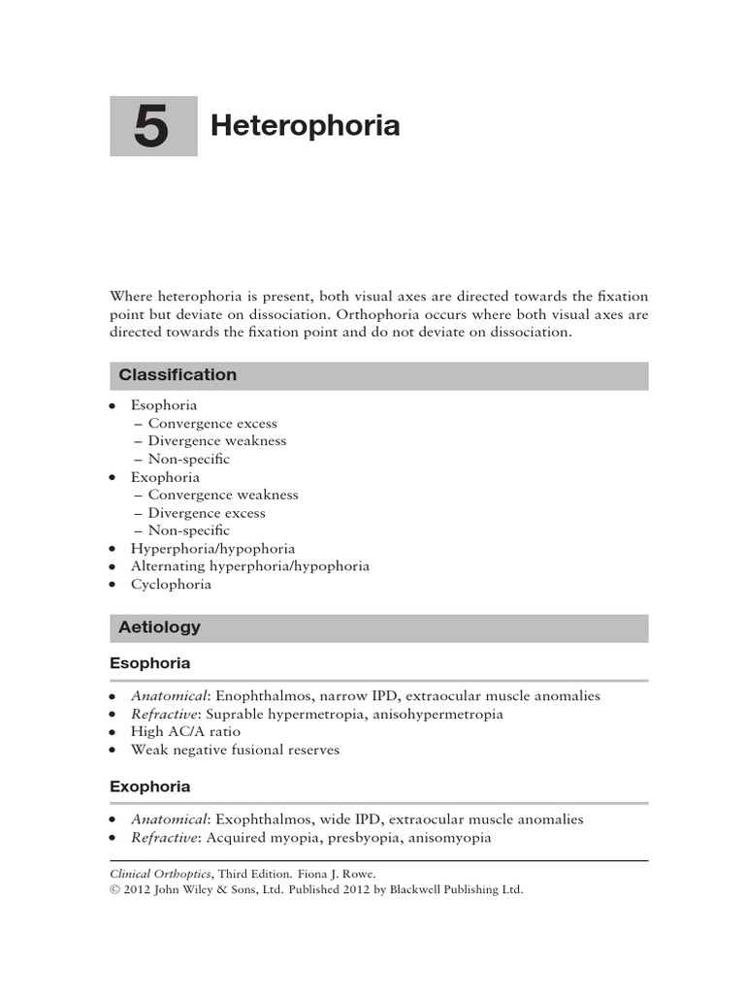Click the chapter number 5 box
[x=152, y=126]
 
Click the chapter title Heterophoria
[x=306, y=126]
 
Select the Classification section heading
[x=178, y=375]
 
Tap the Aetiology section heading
[x=159, y=627]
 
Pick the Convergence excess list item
[x=212, y=424]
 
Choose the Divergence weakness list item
[x=217, y=441]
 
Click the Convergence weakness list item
[x=223, y=495]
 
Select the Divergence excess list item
[x=207, y=513]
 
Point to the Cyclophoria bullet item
[x=171, y=585]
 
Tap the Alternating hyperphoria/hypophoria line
[x=250, y=566]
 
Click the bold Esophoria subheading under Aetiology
[x=149, y=664]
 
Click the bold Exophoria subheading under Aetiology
[x=149, y=786]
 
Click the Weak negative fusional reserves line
[x=235, y=751]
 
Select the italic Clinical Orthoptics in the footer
[x=157, y=873]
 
